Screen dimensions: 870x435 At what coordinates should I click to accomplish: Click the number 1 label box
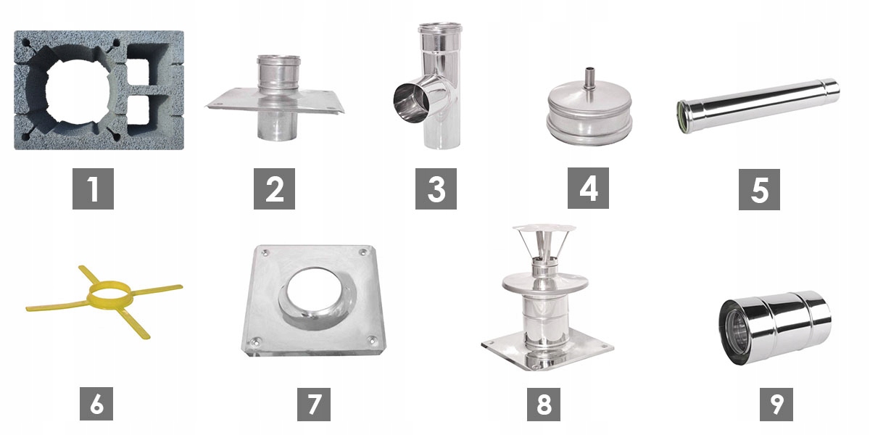[x=93, y=188]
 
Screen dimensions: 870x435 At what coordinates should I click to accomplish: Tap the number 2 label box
[x=274, y=188]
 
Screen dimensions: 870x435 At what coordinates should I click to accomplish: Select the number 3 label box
[x=436, y=188]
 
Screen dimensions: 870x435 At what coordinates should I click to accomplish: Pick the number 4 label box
[x=588, y=188]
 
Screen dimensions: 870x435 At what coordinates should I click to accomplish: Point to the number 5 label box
[x=759, y=189]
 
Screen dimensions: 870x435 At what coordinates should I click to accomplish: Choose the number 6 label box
[x=96, y=404]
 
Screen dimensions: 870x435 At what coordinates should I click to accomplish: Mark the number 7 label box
[x=314, y=404]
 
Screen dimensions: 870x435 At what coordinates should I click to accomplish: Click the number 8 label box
[x=543, y=404]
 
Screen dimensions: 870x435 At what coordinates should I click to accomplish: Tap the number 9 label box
[x=776, y=404]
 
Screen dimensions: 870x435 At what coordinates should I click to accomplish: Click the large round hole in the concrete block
[x=77, y=91]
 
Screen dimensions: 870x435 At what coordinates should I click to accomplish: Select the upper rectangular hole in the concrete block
[x=138, y=71]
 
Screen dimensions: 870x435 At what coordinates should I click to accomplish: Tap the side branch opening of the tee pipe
[x=411, y=103]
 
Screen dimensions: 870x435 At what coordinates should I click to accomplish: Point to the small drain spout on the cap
[x=589, y=80]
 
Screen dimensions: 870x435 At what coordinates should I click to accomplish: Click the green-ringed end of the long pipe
[x=683, y=116]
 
